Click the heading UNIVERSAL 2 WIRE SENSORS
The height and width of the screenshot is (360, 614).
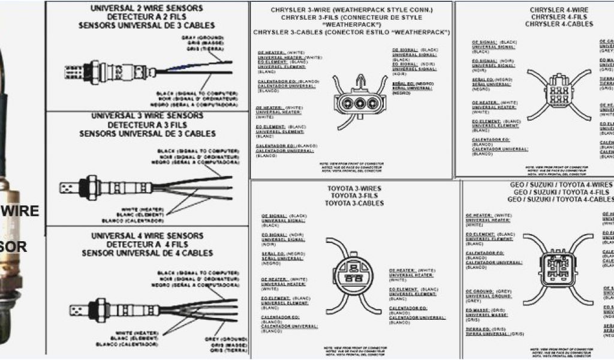pyautogui.click(x=147, y=8)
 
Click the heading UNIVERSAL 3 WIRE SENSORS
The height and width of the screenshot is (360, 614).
pyautogui.click(x=147, y=116)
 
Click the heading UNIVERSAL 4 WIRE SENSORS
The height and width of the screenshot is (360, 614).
pyautogui.click(x=147, y=236)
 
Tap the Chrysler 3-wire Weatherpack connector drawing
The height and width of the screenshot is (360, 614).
pyautogui.click(x=360, y=99)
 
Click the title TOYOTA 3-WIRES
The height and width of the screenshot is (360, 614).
pyautogui.click(x=354, y=188)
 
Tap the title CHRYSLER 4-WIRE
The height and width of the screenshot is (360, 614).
pyautogui.click(x=559, y=10)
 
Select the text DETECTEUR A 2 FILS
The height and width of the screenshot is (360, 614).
pyautogui.click(x=147, y=17)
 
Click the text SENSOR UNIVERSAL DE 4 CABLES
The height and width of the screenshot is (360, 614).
pyautogui.click(x=147, y=253)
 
